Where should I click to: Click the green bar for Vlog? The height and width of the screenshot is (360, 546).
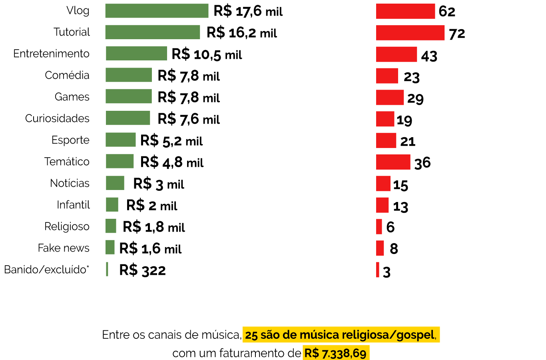157,11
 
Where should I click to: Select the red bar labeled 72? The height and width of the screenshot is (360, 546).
410,33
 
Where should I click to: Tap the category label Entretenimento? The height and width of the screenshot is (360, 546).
51,54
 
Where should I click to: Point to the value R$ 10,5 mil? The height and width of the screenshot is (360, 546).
207,54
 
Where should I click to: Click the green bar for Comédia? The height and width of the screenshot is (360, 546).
129,75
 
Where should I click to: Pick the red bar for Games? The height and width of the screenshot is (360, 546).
390,97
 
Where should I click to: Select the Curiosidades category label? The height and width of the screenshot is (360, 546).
57,118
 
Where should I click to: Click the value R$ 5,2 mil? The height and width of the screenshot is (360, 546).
171,141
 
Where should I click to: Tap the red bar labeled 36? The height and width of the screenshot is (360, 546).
393,162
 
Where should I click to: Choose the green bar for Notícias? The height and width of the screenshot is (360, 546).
115,183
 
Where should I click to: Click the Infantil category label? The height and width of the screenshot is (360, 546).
73,205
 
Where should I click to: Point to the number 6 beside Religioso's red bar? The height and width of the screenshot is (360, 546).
391,227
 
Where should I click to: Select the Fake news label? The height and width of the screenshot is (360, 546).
64,248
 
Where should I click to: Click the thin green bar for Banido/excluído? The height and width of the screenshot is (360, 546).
107,269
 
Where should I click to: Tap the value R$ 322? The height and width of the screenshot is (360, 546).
142,270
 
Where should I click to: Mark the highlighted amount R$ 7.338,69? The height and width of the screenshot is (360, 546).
335,354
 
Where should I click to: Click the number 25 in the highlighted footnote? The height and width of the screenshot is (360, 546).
251,335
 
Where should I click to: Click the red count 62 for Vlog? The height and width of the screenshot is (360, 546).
447,12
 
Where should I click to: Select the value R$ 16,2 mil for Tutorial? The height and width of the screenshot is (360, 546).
241,33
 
